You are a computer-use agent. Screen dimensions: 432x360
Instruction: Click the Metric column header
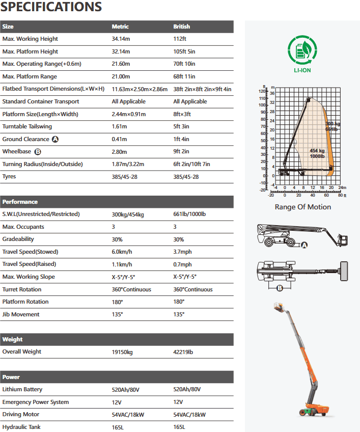pyautogui.click(x=120, y=26)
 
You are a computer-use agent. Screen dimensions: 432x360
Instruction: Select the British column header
pyautogui.click(x=181, y=26)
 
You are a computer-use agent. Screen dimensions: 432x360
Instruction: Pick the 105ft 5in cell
pyautogui.click(x=184, y=51)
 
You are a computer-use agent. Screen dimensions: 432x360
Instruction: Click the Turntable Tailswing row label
pyautogui.click(x=27, y=126)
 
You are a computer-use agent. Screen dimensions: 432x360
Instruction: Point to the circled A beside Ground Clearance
pyautogui.click(x=55, y=139)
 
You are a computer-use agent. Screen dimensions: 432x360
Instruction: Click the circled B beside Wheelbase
pyautogui.click(x=37, y=152)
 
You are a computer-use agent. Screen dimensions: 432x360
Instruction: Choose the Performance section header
pyautogui.click(x=20, y=202)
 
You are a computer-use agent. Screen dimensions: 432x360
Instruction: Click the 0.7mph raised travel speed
pyautogui.click(x=182, y=264)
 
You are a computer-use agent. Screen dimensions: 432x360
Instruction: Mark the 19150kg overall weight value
pyautogui.click(x=123, y=352)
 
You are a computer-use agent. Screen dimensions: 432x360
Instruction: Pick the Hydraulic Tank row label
pyautogui.click(x=21, y=427)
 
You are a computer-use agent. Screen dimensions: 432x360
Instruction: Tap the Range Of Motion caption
pyautogui.click(x=302, y=207)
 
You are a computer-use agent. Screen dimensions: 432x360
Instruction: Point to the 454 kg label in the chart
pyautogui.click(x=317, y=151)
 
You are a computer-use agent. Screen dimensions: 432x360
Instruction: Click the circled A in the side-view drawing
pyautogui.click(x=304, y=245)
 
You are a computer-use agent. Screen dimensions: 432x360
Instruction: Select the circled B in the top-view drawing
pyautogui.click(x=280, y=288)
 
